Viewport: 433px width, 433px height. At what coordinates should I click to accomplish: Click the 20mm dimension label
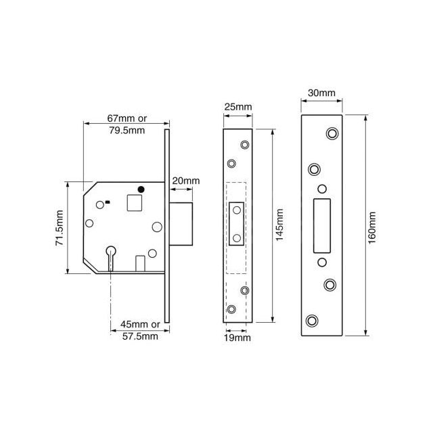[x=187, y=181]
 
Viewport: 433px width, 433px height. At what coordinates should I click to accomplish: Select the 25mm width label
[x=237, y=108]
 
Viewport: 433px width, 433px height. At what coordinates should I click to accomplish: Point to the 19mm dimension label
[x=237, y=336]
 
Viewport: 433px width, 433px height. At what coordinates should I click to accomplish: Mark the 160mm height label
[x=373, y=227]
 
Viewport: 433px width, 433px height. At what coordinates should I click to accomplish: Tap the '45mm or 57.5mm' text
[x=136, y=330]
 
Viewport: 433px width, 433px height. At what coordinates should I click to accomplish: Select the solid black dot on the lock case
[x=141, y=189]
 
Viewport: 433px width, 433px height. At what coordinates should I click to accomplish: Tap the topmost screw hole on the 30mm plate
[x=332, y=134]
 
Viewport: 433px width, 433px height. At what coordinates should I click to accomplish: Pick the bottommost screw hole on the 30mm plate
[x=313, y=320]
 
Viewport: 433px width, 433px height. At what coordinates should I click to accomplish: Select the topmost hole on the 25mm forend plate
[x=244, y=144]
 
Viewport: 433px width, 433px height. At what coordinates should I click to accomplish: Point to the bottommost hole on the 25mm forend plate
[x=232, y=309]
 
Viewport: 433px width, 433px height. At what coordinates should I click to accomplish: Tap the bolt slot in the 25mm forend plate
[x=237, y=224]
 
